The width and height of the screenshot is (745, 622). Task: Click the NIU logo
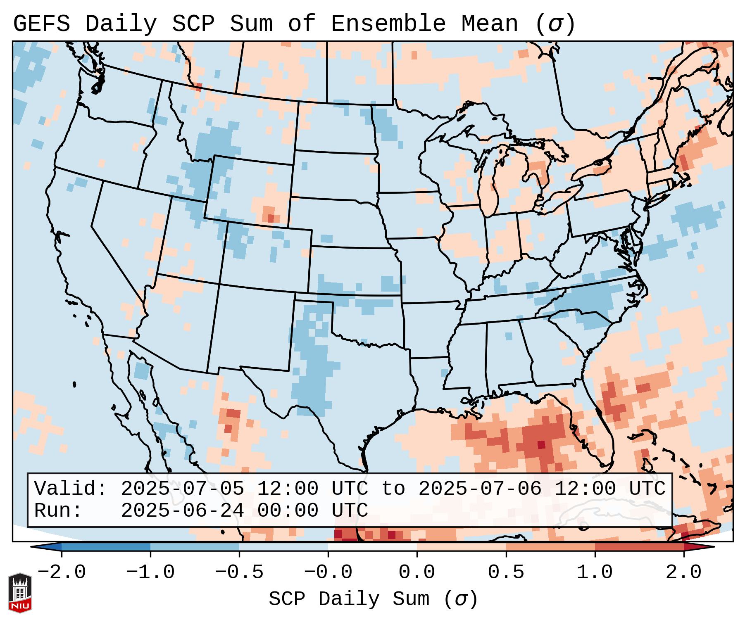(x=20, y=593)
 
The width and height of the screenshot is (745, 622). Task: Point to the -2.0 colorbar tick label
(x=62, y=572)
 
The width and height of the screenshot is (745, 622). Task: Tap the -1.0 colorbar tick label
(x=150, y=572)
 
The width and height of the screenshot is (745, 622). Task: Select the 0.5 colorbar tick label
(x=506, y=572)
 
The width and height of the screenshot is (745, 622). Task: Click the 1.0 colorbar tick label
(x=595, y=572)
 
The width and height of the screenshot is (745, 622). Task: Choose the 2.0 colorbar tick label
(x=683, y=572)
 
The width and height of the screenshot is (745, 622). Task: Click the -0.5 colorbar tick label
(x=239, y=572)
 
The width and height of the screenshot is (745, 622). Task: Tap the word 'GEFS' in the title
(x=42, y=24)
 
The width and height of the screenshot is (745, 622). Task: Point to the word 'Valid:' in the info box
(x=71, y=489)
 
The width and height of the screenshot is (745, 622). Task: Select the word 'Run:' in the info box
(x=58, y=510)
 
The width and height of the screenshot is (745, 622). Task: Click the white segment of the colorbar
(x=372, y=546)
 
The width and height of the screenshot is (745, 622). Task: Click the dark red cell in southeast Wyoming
(x=271, y=218)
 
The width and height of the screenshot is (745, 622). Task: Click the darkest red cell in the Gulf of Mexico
(x=541, y=444)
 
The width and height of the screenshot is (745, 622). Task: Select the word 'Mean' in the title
(x=490, y=24)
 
